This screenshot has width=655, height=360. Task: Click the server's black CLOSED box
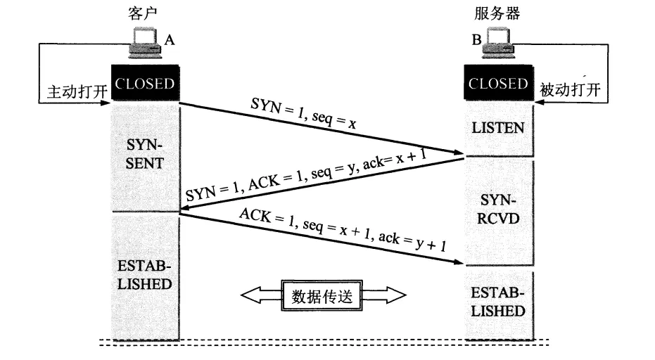[498, 84]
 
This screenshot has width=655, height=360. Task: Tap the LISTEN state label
[497, 128]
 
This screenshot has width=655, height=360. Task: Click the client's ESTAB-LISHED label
[144, 276]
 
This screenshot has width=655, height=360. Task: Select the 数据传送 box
[323, 295]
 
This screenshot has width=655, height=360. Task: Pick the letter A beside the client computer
[169, 41]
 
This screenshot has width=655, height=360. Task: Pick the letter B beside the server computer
[476, 41]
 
